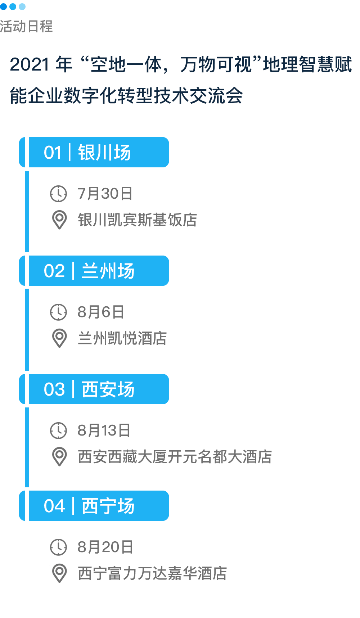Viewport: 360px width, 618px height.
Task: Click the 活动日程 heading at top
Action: tap(26, 26)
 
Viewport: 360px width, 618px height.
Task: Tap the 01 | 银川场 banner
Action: tap(94, 152)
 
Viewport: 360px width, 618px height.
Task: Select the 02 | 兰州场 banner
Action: tap(94, 271)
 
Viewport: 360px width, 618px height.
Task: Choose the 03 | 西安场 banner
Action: tap(94, 389)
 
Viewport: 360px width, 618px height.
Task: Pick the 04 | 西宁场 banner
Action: tap(94, 506)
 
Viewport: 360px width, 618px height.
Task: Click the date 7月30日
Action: tap(105, 194)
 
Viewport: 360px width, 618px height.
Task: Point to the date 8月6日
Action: tap(101, 312)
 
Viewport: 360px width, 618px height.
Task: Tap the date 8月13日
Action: tap(104, 430)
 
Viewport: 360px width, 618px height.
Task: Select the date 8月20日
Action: tap(105, 547)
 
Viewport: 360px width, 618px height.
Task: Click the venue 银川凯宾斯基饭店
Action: tap(138, 220)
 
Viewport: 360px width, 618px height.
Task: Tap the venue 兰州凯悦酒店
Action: tap(122, 338)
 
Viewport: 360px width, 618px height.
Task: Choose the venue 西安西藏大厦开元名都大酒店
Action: tap(175, 457)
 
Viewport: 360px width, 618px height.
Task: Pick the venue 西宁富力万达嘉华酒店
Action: tap(152, 573)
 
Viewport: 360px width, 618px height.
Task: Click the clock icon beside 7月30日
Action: tap(58, 194)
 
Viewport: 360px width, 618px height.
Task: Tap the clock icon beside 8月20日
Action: tap(58, 547)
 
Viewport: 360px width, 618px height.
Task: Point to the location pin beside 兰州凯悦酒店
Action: tap(59, 338)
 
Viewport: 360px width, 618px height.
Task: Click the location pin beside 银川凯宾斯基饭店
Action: tap(59, 220)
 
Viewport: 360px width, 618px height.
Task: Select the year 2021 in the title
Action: tap(30, 65)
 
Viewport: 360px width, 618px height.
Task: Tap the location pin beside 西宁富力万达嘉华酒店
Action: tap(59, 573)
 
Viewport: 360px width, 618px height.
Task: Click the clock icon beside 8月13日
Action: tap(58, 430)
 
